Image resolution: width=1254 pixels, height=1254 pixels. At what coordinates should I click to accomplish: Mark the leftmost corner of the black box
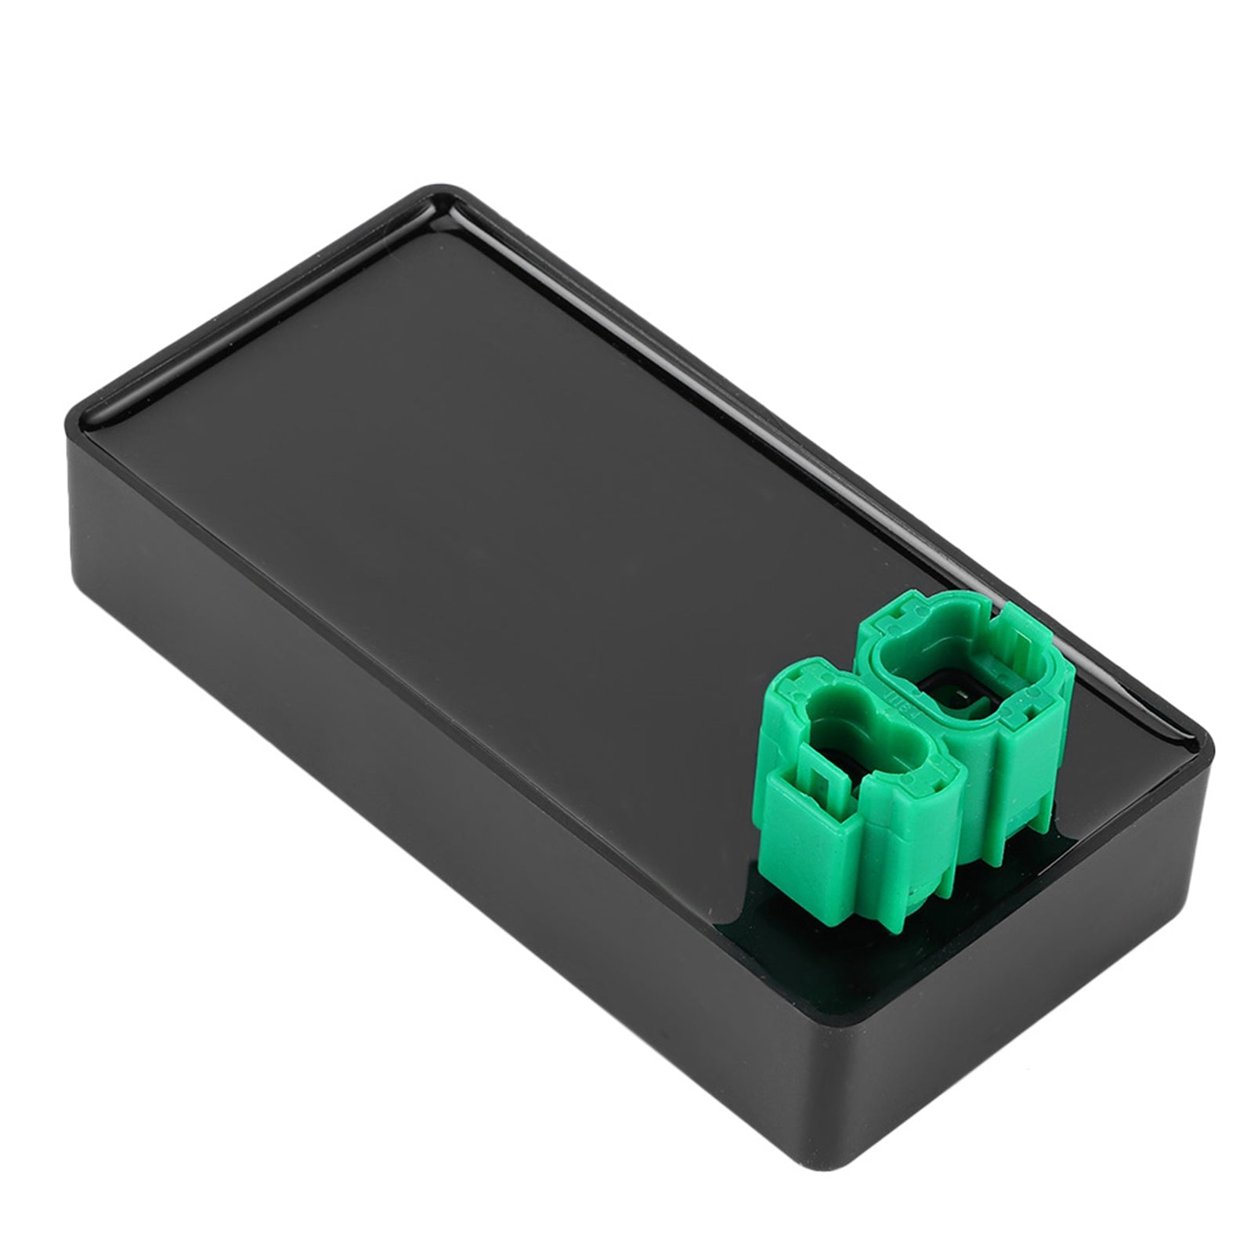coord(69,415)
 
